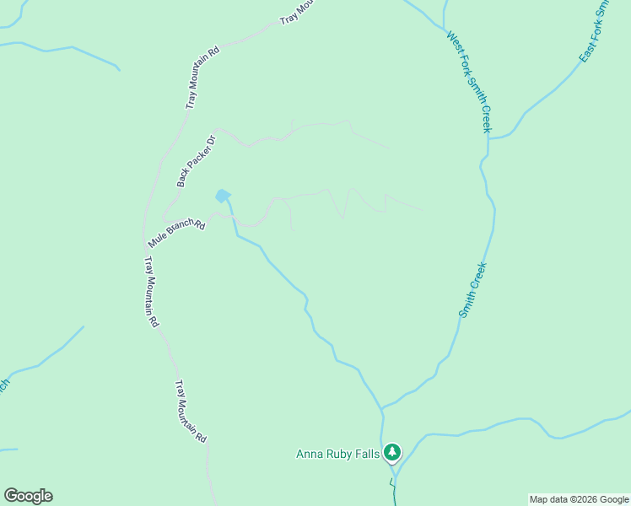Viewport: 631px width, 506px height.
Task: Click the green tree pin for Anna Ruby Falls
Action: click(391, 453)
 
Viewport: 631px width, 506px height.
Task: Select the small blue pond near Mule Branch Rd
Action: click(223, 196)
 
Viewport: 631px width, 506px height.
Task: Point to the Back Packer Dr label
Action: click(197, 160)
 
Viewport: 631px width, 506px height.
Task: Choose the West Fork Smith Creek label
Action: click(468, 82)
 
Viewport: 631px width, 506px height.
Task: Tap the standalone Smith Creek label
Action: click(473, 289)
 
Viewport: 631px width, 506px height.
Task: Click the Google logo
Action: click(28, 496)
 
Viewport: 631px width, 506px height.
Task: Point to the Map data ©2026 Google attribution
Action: click(580, 499)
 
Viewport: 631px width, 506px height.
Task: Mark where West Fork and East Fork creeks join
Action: click(488, 137)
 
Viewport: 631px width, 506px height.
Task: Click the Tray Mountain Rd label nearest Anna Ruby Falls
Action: click(191, 412)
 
